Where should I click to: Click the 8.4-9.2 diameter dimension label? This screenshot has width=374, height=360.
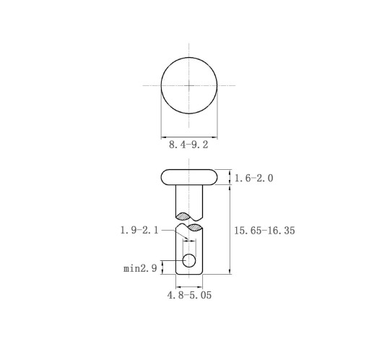tap(188, 145)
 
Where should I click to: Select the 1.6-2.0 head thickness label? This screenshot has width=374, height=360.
tap(254, 179)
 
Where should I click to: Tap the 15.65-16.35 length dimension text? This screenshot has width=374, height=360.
tap(264, 231)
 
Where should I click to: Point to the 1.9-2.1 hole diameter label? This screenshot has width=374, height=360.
tap(139, 231)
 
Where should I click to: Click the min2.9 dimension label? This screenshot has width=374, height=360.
tap(140, 268)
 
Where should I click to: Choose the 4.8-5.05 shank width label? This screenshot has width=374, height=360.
tap(189, 295)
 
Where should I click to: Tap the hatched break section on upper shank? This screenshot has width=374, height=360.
tap(183, 216)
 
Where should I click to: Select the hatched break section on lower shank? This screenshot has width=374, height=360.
tap(194, 228)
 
